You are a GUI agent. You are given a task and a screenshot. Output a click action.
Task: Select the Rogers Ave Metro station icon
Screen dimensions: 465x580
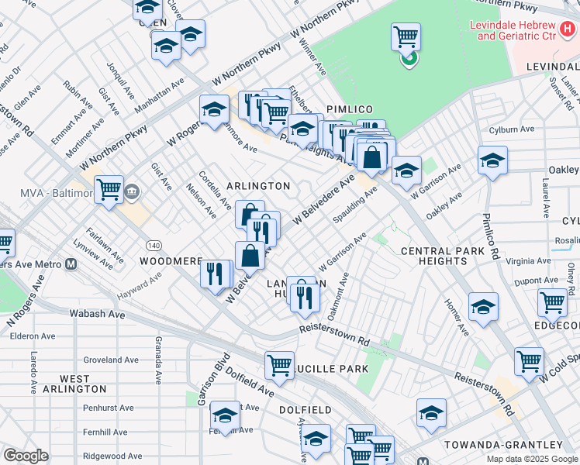click(71, 263)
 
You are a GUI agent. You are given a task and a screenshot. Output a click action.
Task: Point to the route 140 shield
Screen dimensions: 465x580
click(154, 245)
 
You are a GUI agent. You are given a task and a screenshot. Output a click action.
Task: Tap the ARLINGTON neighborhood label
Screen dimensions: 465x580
click(258, 186)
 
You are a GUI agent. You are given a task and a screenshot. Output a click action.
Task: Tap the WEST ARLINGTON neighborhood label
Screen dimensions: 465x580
click(72, 383)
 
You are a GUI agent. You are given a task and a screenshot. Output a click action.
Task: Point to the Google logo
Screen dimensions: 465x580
click(26, 456)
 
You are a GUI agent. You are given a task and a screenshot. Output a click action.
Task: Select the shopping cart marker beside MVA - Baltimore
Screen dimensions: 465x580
click(109, 188)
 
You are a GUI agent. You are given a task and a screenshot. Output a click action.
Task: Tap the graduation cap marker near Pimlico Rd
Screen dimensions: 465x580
click(492, 160)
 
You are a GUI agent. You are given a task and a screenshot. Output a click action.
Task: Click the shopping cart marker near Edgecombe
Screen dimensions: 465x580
click(552, 301)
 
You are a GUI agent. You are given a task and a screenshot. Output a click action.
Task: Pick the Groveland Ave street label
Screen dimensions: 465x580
click(111, 360)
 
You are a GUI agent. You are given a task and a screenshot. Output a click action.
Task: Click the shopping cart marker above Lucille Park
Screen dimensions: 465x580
click(279, 363)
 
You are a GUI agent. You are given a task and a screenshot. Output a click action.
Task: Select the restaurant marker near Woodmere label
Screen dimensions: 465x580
click(215, 273)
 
